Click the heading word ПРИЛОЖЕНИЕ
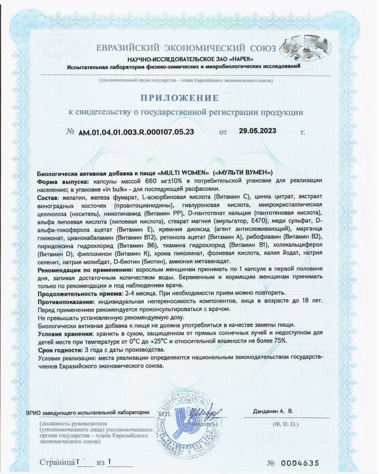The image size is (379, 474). coord(180,98)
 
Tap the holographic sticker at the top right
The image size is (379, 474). coord(306,47)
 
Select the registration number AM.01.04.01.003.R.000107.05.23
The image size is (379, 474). coord(136,132)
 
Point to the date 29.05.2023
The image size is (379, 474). coord(257,131)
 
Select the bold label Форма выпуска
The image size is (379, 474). coord(63,181)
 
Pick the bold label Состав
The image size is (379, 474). coord(48,197)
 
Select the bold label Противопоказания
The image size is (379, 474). coord(66,301)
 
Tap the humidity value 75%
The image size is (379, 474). coord(280,341)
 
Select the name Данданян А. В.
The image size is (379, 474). coord(273,411)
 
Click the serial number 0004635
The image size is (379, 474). coord(299,463)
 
